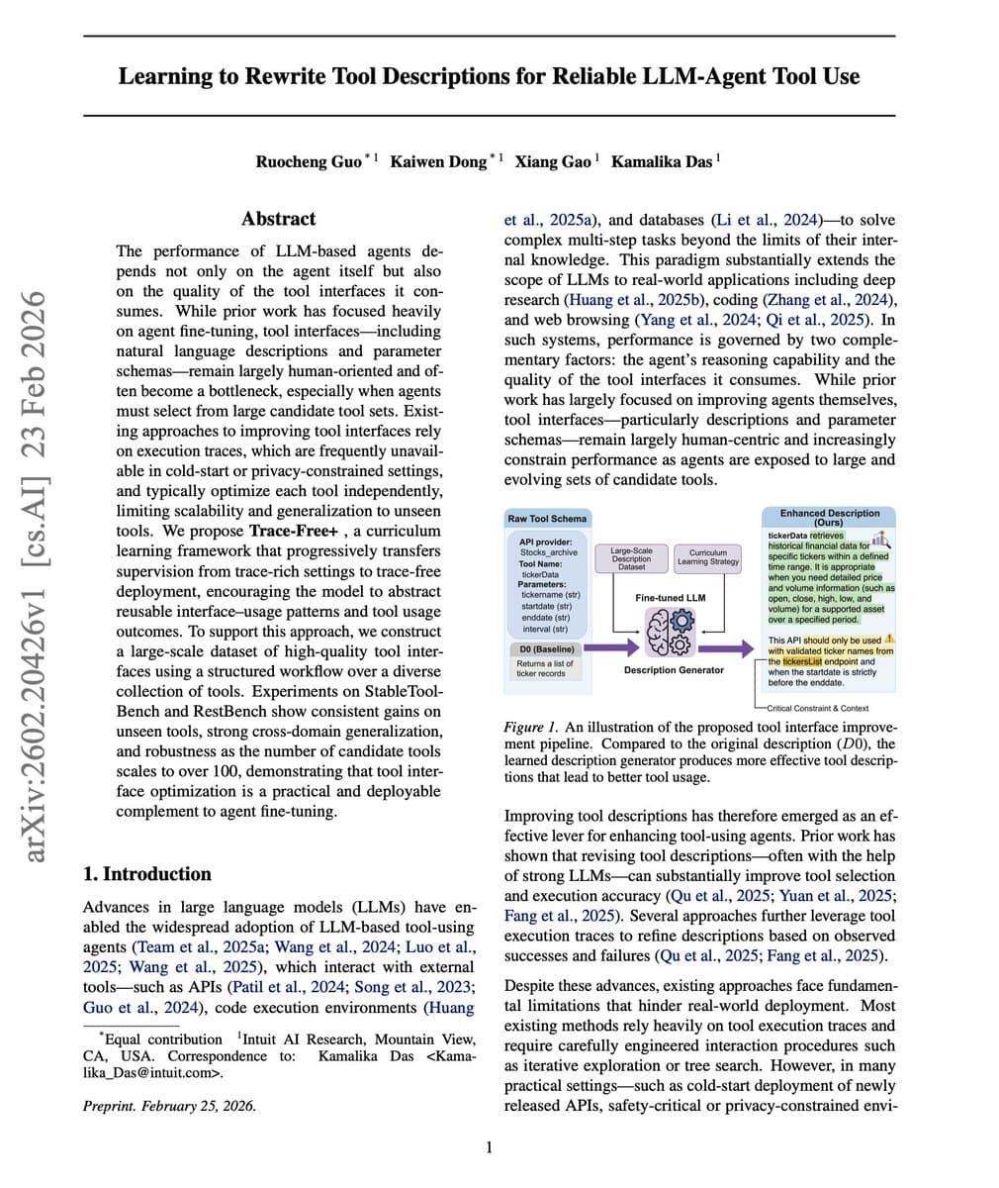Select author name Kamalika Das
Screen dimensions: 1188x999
(662, 160)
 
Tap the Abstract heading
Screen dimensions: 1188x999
(279, 219)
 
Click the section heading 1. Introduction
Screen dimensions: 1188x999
(147, 873)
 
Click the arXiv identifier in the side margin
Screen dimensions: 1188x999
(38, 574)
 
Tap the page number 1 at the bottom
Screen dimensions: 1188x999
(489, 1147)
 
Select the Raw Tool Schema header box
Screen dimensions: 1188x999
(547, 518)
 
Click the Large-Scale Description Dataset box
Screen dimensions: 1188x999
(631, 558)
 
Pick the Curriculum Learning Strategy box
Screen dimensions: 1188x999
(708, 557)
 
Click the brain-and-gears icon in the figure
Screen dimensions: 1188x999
(670, 632)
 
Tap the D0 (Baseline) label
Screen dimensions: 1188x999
(547, 648)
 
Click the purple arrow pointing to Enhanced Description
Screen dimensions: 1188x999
(733, 648)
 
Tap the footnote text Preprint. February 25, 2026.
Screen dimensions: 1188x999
(169, 1106)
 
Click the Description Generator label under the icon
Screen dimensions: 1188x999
(674, 670)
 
